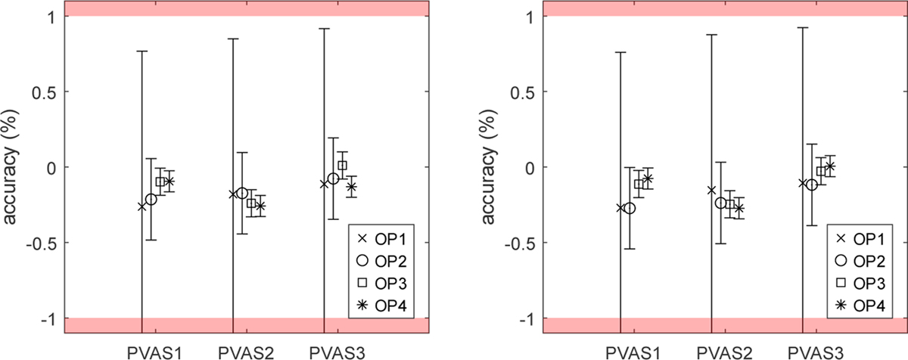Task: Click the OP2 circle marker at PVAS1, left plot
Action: click(x=151, y=199)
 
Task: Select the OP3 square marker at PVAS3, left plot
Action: click(x=342, y=165)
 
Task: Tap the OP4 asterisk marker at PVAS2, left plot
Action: click(x=260, y=205)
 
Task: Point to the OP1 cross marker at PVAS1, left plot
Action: click(x=142, y=206)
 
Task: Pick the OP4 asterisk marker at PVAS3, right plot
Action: click(x=830, y=166)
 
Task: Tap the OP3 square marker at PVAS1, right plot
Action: click(x=639, y=184)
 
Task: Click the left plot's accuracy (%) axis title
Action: click(x=13, y=166)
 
